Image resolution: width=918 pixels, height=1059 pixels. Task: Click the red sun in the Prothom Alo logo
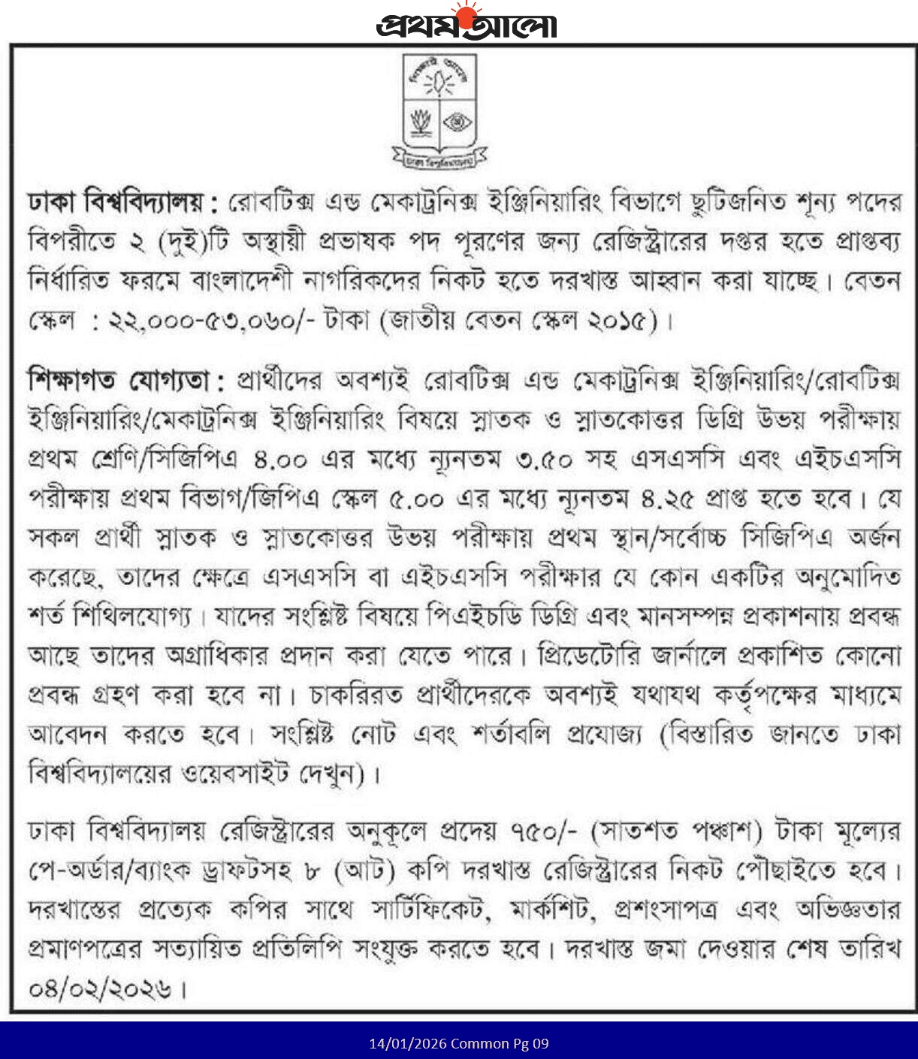click(x=467, y=16)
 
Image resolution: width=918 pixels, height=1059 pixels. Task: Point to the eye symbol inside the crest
click(x=457, y=122)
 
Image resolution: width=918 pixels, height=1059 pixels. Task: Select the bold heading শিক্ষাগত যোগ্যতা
click(x=126, y=381)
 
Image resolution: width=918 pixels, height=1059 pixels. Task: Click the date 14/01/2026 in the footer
click(x=407, y=1044)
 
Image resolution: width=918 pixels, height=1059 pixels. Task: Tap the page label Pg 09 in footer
click(x=531, y=1044)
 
